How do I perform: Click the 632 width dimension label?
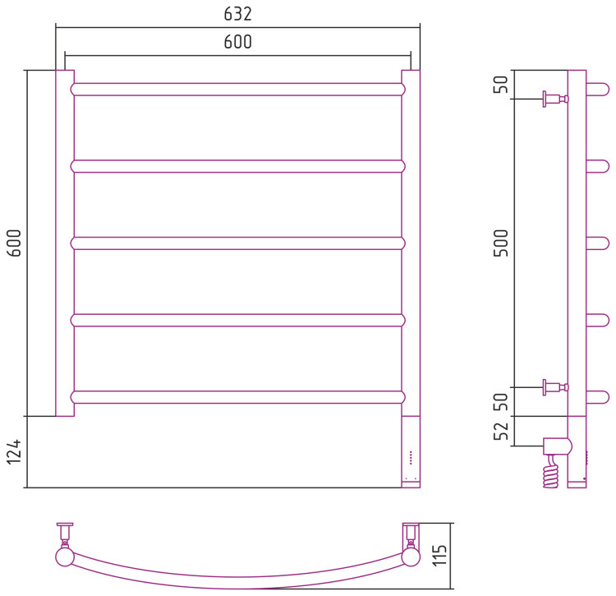tap(237, 14)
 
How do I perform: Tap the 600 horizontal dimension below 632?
tap(237, 42)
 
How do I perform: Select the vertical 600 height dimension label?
tap(15, 243)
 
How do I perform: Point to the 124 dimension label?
tap(15, 451)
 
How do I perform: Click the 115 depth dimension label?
tap(440, 555)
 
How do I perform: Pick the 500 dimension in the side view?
tap(501, 243)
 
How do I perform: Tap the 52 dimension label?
tap(501, 432)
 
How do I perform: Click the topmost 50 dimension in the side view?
tap(501, 84)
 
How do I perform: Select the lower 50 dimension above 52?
tap(501, 402)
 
